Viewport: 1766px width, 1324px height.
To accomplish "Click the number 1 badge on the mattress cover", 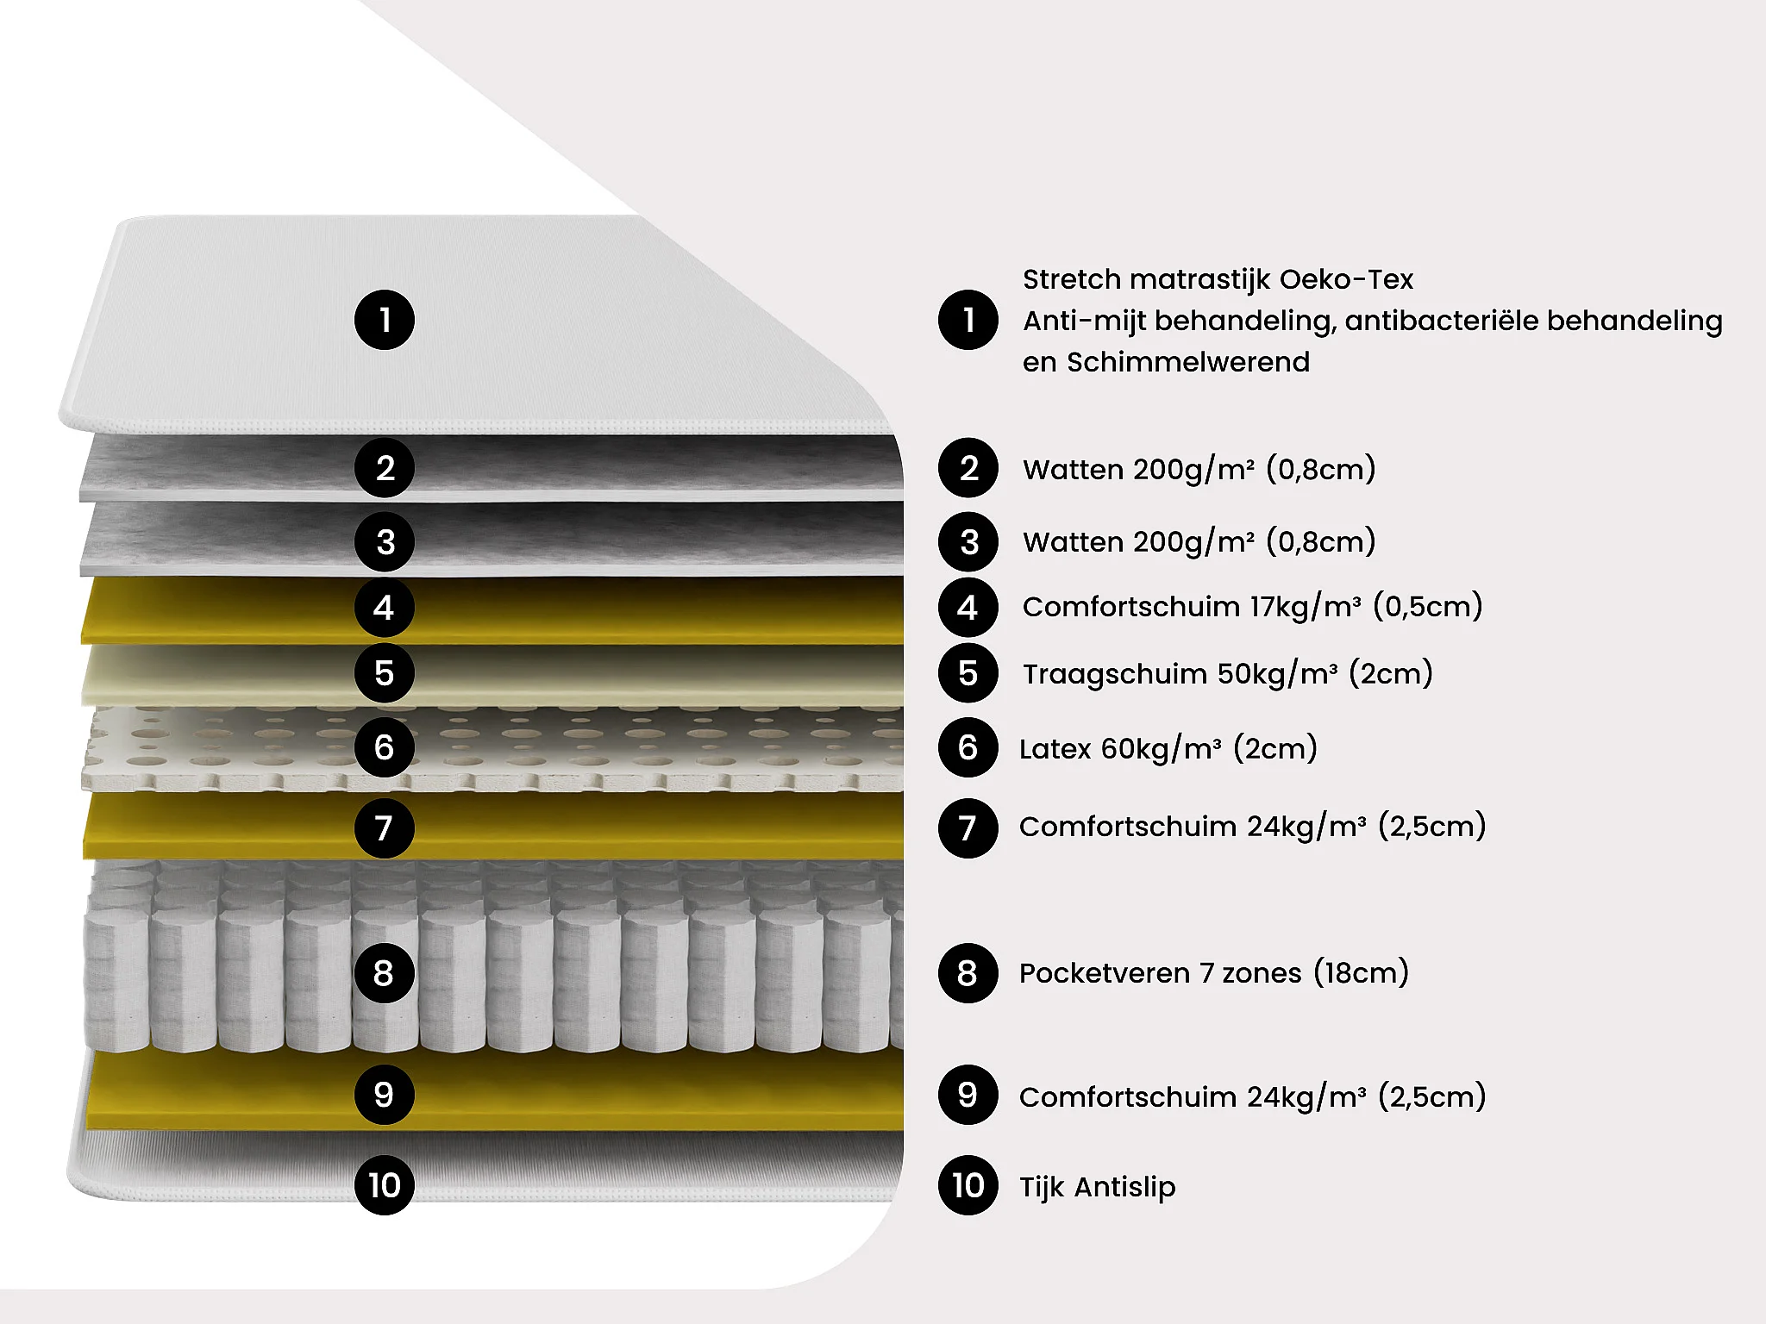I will tap(385, 320).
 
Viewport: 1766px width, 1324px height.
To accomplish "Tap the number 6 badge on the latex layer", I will tap(385, 747).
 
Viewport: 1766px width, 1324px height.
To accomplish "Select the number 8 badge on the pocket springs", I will tap(385, 973).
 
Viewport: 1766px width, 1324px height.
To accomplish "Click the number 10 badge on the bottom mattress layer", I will tap(385, 1185).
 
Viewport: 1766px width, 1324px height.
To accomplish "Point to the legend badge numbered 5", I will tap(968, 673).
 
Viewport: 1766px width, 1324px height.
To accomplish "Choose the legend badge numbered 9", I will tap(968, 1095).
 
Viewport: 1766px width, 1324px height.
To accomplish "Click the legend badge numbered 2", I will tap(968, 468).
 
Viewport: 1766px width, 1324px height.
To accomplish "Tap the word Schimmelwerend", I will tap(1188, 362).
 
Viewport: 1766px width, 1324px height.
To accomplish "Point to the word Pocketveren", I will tap(1104, 973).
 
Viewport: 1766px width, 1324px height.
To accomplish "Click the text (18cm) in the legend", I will tap(1361, 973).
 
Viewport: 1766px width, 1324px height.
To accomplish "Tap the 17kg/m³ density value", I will tap(1306, 607).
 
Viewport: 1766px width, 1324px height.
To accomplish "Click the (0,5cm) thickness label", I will tap(1427, 607).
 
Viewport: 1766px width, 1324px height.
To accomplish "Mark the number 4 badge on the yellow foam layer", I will tap(385, 608).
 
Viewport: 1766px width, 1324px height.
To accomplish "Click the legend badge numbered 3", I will tap(968, 542).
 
